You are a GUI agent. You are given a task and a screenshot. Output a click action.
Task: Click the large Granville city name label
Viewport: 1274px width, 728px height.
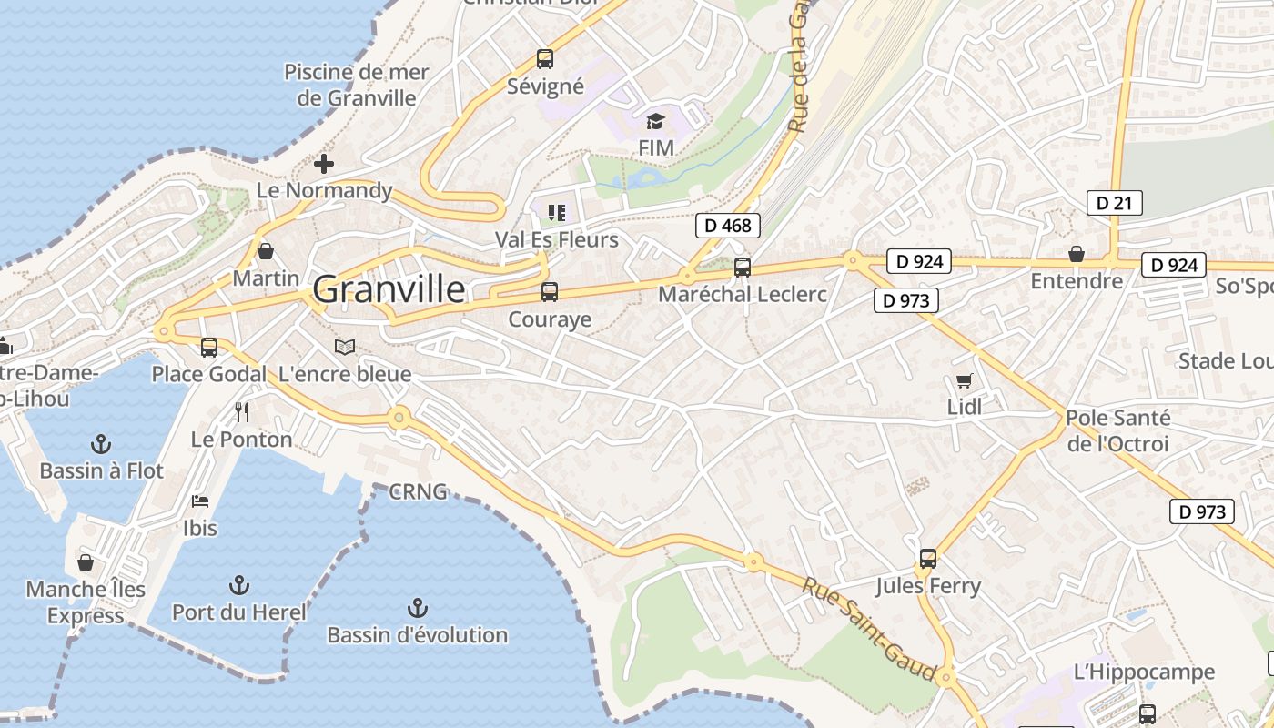(x=389, y=289)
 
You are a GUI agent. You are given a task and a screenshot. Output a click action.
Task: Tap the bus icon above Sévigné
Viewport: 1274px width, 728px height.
(x=544, y=59)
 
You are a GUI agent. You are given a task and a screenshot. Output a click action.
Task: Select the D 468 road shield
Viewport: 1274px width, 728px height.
(x=727, y=225)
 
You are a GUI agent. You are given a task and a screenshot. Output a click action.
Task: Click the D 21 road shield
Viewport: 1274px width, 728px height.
(x=1114, y=203)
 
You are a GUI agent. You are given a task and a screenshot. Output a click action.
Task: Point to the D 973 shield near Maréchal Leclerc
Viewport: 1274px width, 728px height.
(x=905, y=300)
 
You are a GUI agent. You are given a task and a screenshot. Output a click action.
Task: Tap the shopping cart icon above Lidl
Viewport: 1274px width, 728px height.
(x=964, y=380)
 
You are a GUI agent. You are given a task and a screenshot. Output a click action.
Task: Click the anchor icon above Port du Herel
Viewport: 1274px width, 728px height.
(x=239, y=584)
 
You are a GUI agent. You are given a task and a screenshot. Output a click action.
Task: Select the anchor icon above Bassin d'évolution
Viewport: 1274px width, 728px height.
(x=417, y=607)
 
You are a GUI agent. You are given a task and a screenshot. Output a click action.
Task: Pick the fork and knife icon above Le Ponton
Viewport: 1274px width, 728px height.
(x=241, y=412)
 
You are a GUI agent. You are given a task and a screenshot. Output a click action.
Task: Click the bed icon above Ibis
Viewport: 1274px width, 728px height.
(x=200, y=501)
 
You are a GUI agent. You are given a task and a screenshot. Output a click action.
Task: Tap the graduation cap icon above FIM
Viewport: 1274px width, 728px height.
(x=655, y=121)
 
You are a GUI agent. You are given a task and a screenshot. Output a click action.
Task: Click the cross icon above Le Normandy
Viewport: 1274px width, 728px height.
(x=323, y=164)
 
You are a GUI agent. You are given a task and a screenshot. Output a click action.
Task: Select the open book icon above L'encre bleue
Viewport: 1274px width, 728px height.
(x=344, y=347)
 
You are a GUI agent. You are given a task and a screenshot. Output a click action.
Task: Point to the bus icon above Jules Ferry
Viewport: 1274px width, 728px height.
(x=928, y=559)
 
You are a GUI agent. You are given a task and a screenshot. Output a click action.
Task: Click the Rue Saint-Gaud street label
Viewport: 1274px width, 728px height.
(x=868, y=628)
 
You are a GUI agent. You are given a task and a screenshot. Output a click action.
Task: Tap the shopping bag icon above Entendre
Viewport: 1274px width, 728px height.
(x=1076, y=254)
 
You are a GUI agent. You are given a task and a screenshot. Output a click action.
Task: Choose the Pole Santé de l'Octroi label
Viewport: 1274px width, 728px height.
(x=1117, y=431)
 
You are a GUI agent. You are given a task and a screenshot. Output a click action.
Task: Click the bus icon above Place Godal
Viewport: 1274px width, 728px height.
(x=209, y=347)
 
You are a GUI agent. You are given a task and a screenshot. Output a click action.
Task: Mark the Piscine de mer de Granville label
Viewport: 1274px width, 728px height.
(x=357, y=85)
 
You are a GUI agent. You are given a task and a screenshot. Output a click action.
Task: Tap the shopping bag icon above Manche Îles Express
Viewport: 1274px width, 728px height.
(x=86, y=562)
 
